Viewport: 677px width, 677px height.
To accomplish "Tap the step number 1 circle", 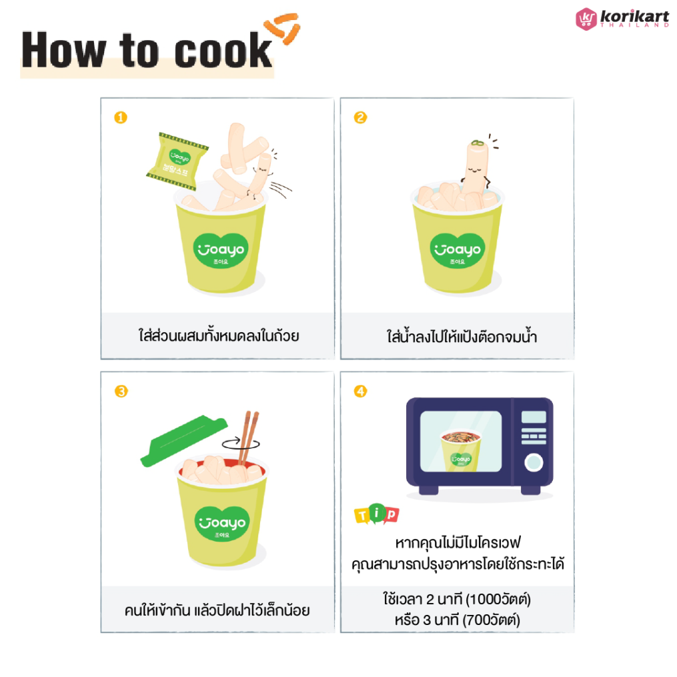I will (x=121, y=117).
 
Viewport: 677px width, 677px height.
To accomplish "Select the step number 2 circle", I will (x=360, y=117).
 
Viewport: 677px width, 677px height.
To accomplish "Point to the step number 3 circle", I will (x=121, y=392).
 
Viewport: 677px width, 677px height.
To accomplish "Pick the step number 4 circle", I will (x=360, y=392).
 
